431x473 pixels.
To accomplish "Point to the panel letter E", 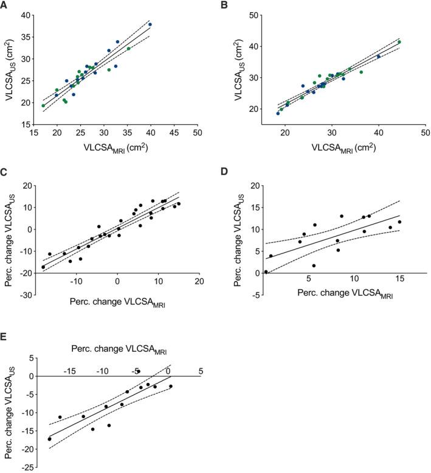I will (5, 336).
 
